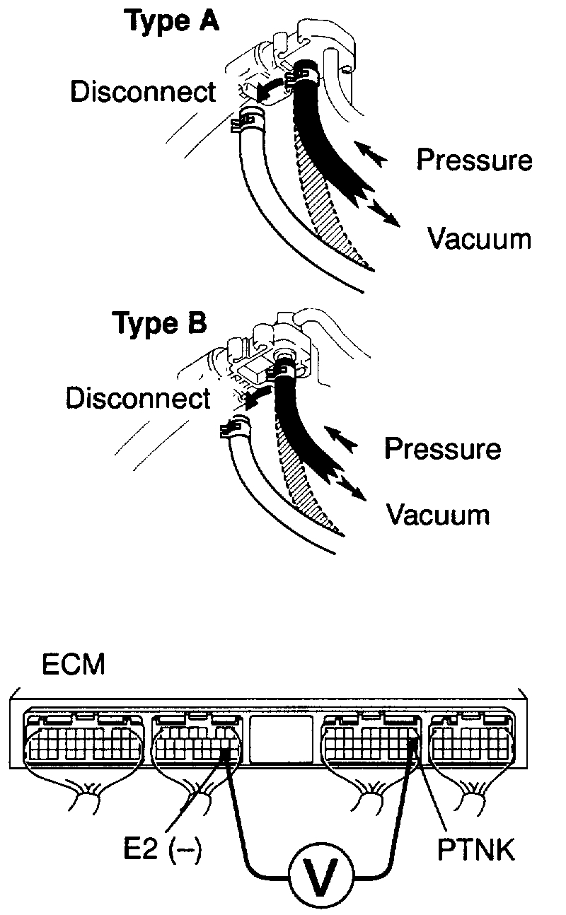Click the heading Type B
tap(160, 323)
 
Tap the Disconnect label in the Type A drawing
tap(142, 92)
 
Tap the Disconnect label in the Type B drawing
tap(138, 398)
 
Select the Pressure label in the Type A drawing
tap(473, 160)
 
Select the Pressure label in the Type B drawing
tap(442, 448)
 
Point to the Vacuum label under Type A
tap(479, 238)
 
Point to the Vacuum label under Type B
tap(437, 514)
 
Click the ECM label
tap(74, 666)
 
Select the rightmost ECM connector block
tap(470, 741)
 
